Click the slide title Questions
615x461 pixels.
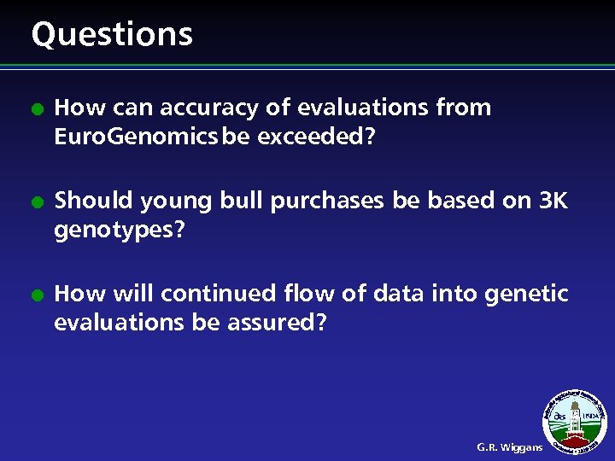(112, 34)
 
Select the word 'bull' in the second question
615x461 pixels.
(244, 201)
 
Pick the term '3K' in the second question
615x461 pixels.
(549, 201)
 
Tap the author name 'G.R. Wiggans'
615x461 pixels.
(509, 446)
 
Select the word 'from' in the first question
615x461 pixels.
(463, 108)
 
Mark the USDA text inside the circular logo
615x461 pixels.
(590, 417)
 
